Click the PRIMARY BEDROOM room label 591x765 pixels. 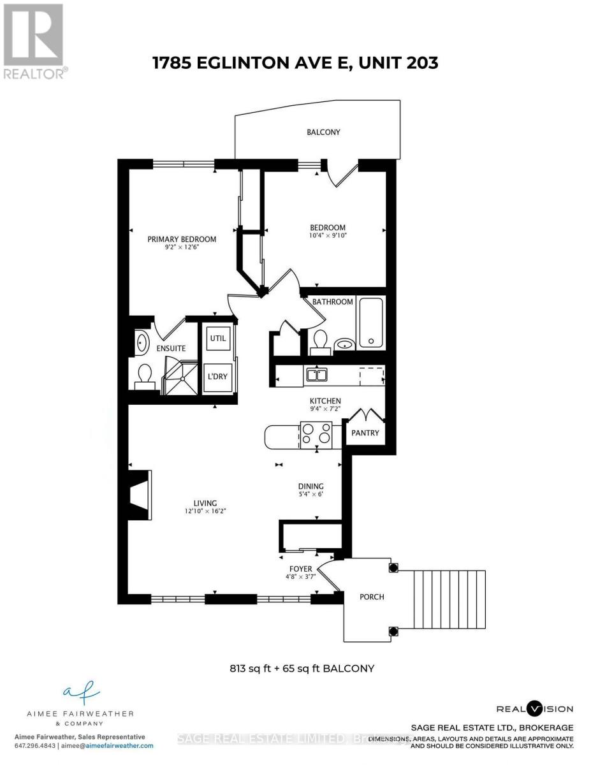(x=182, y=239)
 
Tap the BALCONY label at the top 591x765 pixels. (x=323, y=133)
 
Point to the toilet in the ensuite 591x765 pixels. (x=144, y=377)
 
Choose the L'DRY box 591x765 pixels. (x=218, y=376)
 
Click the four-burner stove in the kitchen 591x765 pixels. (x=317, y=433)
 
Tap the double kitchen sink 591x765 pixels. (x=316, y=374)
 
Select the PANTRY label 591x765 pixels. (x=365, y=433)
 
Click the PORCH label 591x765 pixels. (x=372, y=597)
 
